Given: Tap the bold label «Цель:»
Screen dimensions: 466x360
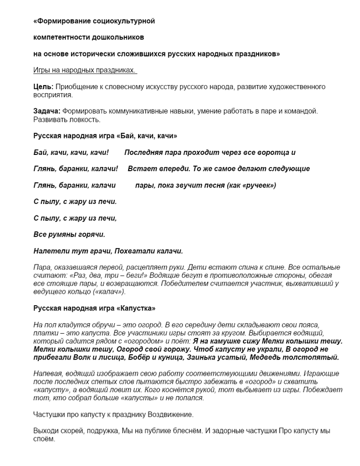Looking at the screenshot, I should tap(44, 86).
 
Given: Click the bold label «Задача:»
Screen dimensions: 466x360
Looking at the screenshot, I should tap(47, 111).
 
